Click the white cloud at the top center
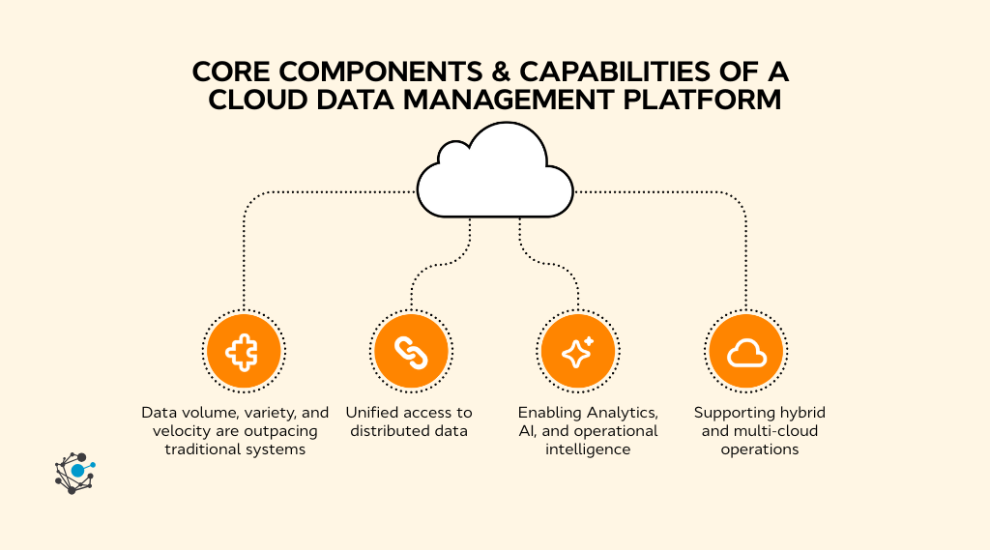(x=494, y=174)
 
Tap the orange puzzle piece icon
(x=245, y=350)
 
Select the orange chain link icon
(x=411, y=350)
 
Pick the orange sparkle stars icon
(x=578, y=350)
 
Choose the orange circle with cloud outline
(x=745, y=350)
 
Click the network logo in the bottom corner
(x=74, y=473)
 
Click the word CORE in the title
(x=228, y=73)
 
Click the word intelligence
(x=587, y=449)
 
